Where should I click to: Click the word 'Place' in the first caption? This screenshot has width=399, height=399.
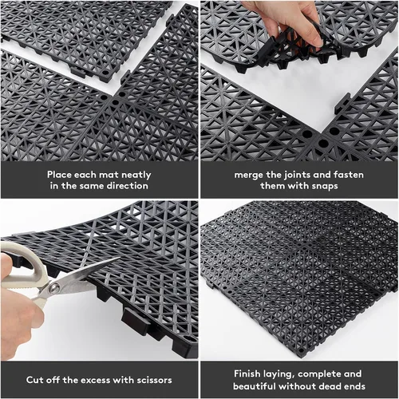tap(59, 175)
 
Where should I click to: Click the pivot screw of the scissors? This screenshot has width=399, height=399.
tap(54, 288)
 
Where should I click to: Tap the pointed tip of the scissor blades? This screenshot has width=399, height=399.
tap(120, 258)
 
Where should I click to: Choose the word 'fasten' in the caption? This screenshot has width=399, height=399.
tap(349, 175)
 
